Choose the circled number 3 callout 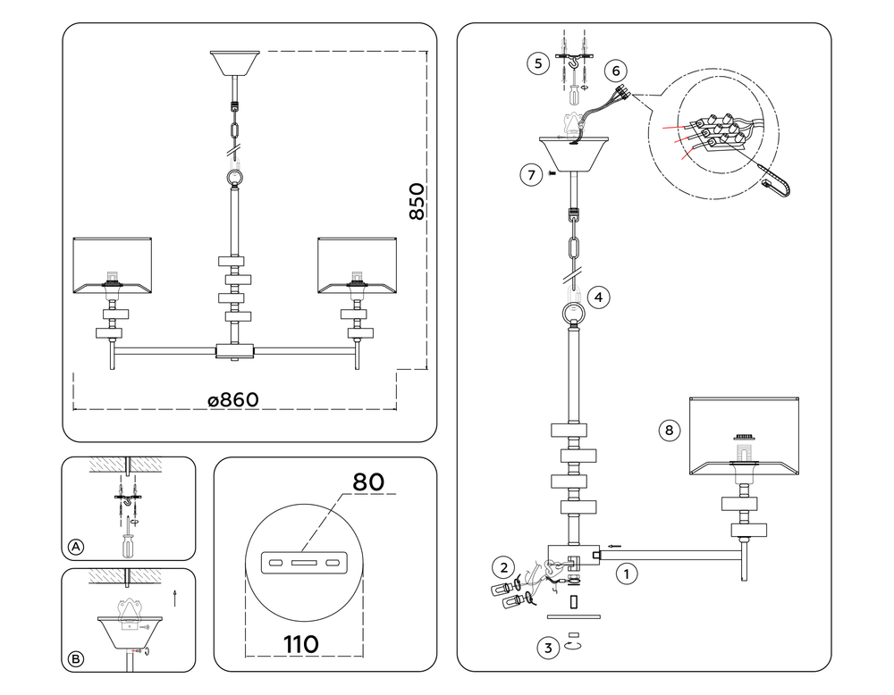tap(546, 648)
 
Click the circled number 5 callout tap(536, 63)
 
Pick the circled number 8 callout tap(668, 431)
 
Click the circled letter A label tap(76, 547)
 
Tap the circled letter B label tap(76, 659)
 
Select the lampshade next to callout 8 tap(743, 438)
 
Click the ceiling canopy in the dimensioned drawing tap(234, 63)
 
